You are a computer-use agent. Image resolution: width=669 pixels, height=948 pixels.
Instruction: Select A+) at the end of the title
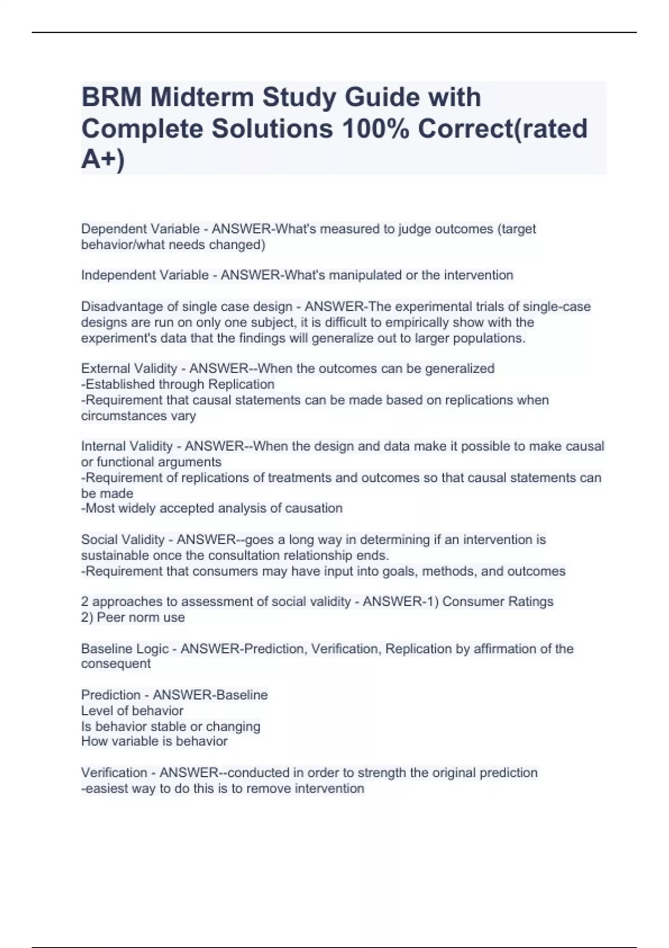[x=103, y=159]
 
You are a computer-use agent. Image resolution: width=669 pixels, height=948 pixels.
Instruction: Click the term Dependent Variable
[x=140, y=229]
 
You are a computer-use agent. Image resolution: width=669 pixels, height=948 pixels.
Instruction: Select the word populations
[x=491, y=338]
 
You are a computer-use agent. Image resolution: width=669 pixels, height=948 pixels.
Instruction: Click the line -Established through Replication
[x=178, y=384]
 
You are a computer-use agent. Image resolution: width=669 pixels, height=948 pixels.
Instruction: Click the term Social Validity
[x=123, y=540]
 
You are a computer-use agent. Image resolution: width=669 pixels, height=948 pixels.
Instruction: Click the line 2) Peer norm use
[x=133, y=617]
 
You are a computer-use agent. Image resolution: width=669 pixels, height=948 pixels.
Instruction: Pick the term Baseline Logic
[x=125, y=649]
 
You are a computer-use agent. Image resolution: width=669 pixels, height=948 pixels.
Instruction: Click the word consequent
[x=115, y=664]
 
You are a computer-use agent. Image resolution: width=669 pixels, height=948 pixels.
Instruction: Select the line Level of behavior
[x=132, y=710]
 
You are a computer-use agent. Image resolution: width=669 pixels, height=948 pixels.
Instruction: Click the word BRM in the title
[x=110, y=97]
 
